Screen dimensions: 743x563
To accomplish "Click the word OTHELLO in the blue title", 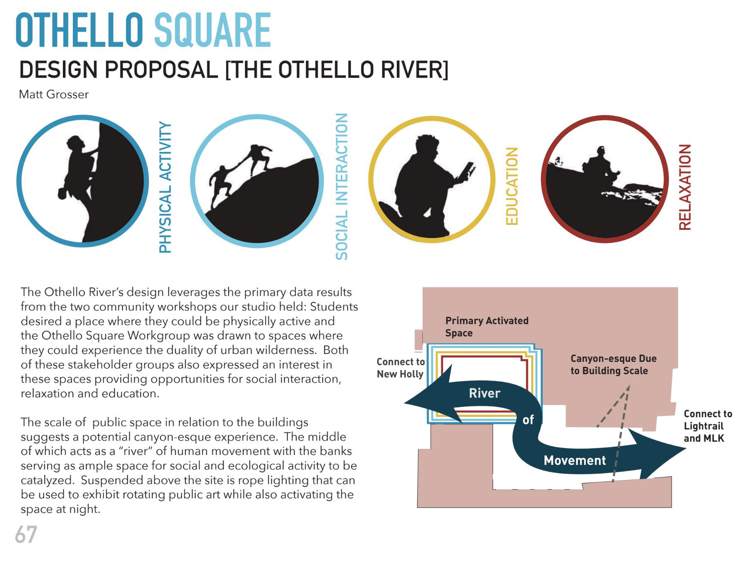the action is click(79, 30).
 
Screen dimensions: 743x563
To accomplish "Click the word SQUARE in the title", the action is click(213, 30).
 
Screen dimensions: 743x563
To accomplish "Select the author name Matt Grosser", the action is click(54, 94).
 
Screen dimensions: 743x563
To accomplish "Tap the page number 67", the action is click(26, 535).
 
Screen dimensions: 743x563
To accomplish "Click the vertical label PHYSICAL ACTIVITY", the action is click(165, 187).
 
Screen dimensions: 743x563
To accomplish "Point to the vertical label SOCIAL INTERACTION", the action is click(341, 187).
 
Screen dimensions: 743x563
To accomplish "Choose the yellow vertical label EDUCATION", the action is click(512, 186).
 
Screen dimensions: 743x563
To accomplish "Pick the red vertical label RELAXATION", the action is click(685, 187).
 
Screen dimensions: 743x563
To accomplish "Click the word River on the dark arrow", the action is click(484, 393).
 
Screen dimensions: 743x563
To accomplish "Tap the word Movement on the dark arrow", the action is click(575, 460).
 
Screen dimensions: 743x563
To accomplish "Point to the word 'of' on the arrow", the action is click(528, 420).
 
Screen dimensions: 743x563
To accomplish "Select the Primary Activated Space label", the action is click(487, 327).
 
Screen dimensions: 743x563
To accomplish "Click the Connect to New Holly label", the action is click(400, 368).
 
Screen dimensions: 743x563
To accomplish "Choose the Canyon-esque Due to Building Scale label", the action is click(613, 364).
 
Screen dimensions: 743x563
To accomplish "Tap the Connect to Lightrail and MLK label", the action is click(707, 426).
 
